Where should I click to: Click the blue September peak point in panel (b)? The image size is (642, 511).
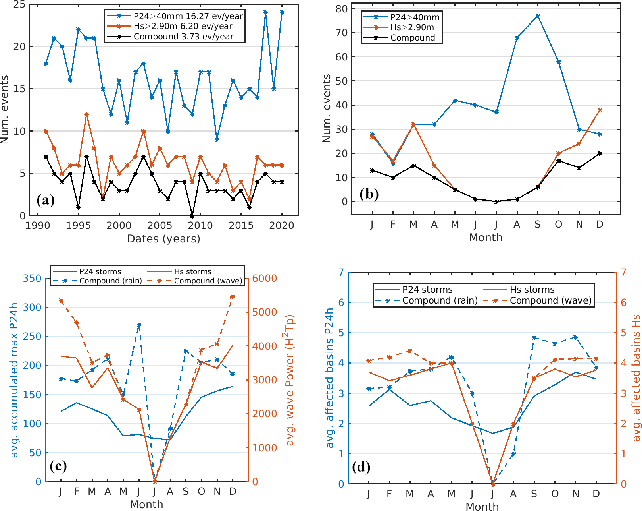click(538, 16)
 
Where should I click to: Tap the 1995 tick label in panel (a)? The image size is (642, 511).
click(78, 226)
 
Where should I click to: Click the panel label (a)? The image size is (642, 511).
click(46, 200)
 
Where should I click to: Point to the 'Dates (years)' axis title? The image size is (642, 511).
click(163, 239)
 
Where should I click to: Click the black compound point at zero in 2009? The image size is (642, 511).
click(192, 216)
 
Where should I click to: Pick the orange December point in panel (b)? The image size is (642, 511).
click(600, 110)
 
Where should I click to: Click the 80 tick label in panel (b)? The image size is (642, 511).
click(341, 9)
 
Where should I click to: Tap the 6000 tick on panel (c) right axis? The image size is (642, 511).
click(264, 278)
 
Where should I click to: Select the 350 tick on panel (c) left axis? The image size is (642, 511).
click(32, 278)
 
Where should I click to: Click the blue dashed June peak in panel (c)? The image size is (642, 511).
click(139, 325)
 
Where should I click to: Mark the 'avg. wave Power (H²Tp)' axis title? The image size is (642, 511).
click(290, 380)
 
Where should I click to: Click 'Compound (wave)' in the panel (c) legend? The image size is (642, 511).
click(208, 281)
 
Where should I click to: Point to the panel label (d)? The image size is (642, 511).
click(361, 467)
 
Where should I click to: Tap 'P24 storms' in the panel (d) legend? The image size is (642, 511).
click(427, 290)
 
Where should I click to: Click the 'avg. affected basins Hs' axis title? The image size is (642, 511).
click(636, 378)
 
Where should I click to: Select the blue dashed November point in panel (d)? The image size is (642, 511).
click(575, 337)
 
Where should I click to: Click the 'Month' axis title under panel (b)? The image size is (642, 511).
click(486, 238)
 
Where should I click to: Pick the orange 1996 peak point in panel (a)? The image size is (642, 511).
click(86, 114)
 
